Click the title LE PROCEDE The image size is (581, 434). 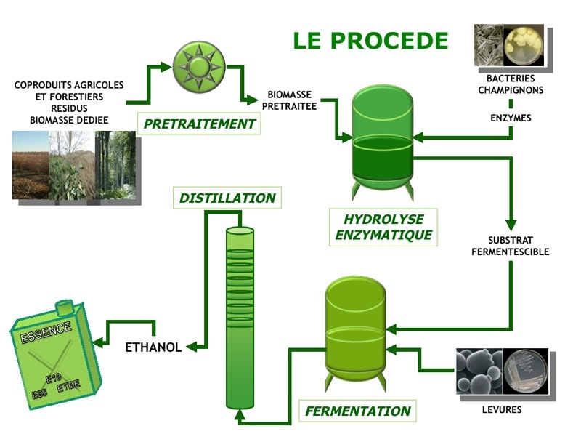click(x=370, y=41)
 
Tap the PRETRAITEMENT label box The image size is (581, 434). click(x=199, y=124)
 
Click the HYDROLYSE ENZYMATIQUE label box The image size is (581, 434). click(x=383, y=227)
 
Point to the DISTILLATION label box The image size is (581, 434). click(x=227, y=198)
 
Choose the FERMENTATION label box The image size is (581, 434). click(x=357, y=411)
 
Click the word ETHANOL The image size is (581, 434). click(x=153, y=347)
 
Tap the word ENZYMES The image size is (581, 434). click(x=511, y=117)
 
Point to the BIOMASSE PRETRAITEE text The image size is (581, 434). click(x=289, y=100)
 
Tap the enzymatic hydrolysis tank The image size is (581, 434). click(x=382, y=141)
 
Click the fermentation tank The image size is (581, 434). click(x=354, y=327)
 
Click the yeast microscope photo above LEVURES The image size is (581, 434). click(x=479, y=371)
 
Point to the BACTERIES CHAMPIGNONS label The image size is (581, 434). click(x=511, y=84)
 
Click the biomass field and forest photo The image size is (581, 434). click(x=73, y=164)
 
